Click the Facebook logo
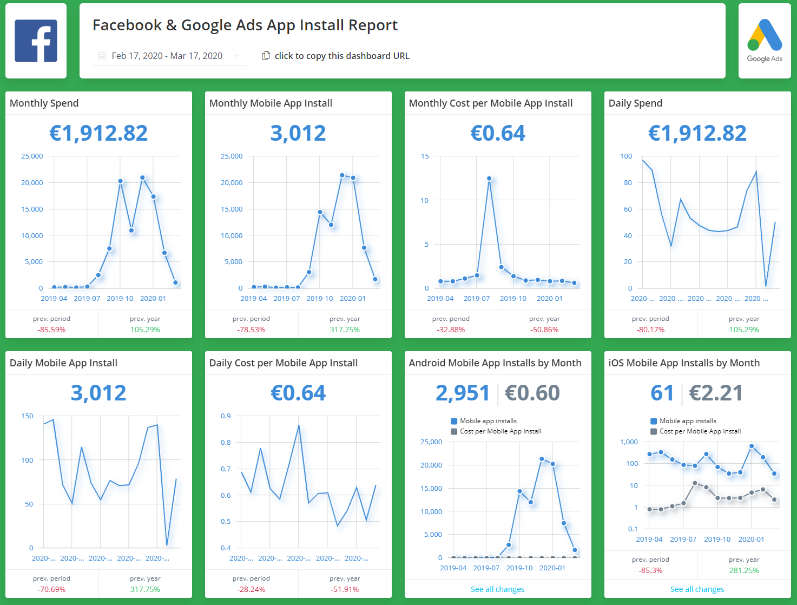[36, 41]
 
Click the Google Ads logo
[765, 41]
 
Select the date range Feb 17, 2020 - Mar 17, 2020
[167, 56]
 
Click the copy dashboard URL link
[341, 56]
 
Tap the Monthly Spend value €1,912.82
[98, 133]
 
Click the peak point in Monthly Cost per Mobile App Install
[489, 178]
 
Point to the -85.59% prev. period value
[51, 330]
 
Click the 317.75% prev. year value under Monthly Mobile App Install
[345, 330]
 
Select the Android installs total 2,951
[463, 393]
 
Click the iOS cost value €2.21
[716, 393]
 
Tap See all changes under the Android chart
[497, 589]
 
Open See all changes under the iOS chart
[697, 589]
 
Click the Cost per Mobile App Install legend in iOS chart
[700, 431]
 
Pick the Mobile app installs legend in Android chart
[488, 421]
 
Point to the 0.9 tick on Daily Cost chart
[226, 416]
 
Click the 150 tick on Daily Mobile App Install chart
[27, 416]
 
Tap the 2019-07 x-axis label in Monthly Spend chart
[87, 298]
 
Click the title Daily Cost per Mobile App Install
[284, 363]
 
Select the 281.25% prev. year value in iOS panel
[744, 570]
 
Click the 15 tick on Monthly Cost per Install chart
[425, 156]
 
